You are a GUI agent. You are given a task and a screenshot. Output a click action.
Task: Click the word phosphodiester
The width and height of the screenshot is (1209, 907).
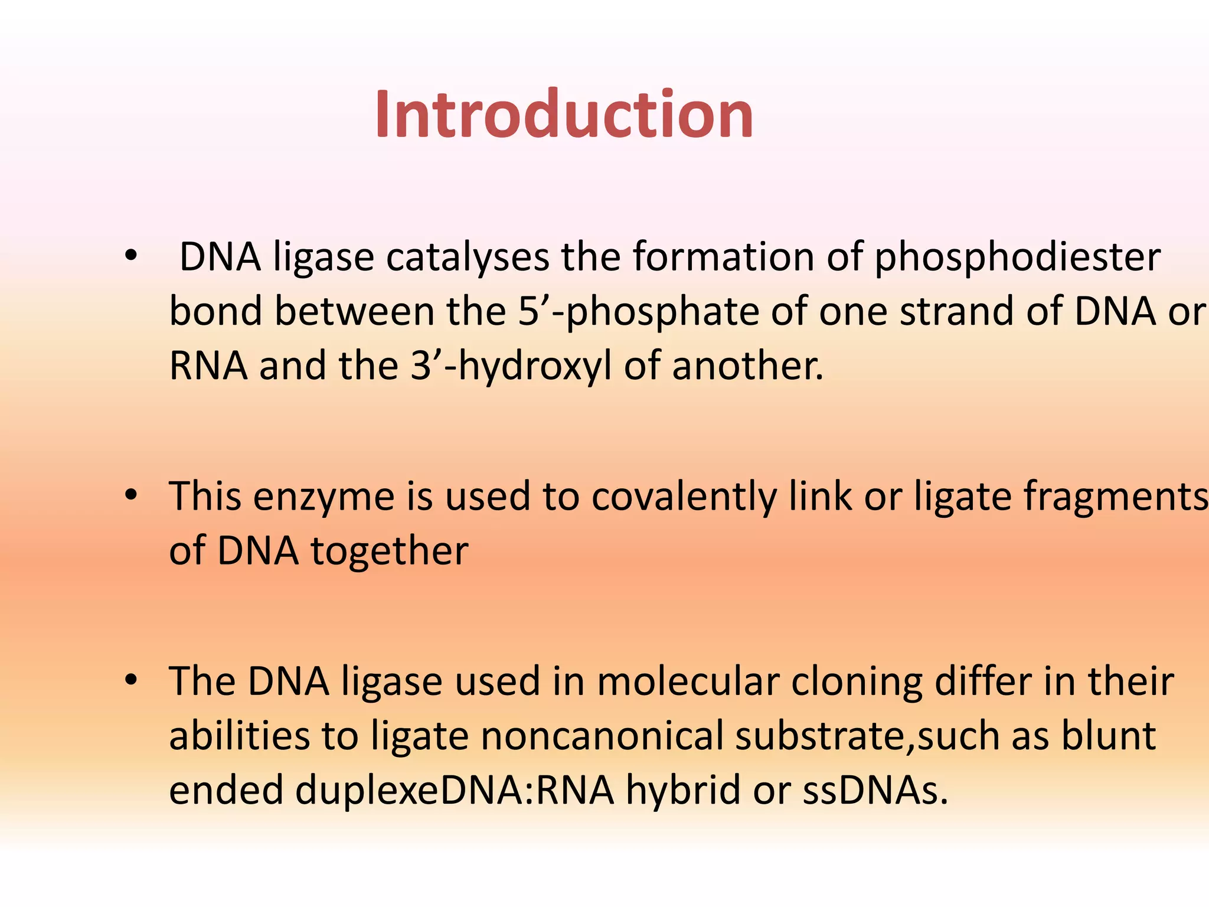click(1017, 258)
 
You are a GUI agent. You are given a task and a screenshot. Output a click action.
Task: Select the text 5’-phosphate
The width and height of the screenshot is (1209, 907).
click(638, 312)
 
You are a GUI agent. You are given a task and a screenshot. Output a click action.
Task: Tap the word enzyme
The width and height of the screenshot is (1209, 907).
click(324, 498)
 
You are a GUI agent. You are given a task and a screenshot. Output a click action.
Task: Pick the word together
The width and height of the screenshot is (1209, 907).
click(389, 552)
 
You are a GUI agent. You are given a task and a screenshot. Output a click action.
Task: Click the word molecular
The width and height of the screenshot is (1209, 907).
click(688, 682)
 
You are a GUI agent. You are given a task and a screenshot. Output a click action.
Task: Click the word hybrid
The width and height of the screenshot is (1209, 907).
click(682, 791)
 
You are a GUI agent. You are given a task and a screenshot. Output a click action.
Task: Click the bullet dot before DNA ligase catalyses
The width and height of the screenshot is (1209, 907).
click(130, 256)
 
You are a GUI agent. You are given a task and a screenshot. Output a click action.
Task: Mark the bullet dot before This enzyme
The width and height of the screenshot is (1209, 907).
click(130, 495)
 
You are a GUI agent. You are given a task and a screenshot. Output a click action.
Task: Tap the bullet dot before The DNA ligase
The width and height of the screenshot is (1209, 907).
click(130, 680)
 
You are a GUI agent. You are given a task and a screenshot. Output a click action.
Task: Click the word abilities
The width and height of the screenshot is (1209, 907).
click(239, 737)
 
